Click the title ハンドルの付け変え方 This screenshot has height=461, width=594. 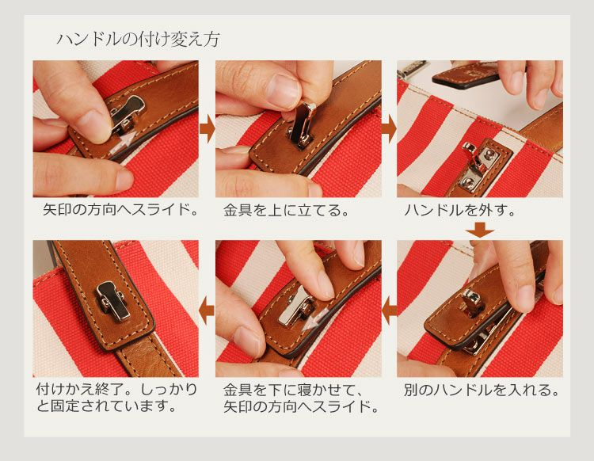pos(139,40)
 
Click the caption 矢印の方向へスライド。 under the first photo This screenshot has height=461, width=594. pos(120,209)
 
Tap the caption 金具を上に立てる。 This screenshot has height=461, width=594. pos(287,210)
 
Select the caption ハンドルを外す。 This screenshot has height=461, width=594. pos(460,210)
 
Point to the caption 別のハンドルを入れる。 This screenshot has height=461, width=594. pos(482,390)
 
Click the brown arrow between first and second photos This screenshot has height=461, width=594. pos(207,129)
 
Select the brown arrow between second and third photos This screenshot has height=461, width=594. pos(389,129)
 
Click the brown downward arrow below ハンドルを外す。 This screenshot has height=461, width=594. pos(480,230)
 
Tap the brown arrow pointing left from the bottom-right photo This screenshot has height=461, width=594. pos(389,311)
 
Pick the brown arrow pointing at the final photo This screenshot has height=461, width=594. pos(207,311)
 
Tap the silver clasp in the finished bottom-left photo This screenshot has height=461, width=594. pos(112,301)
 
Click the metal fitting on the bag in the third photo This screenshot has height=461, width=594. pos(478,166)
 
